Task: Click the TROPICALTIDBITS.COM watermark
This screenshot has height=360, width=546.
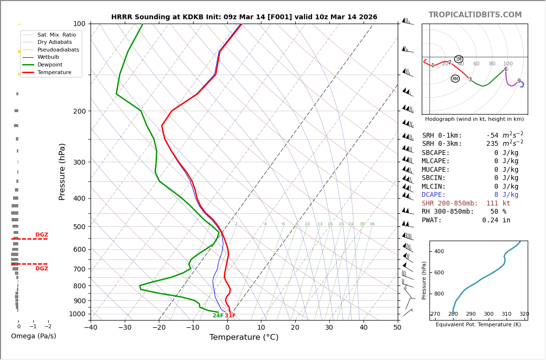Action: [x=475, y=15]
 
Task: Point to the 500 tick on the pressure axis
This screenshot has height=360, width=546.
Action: [x=79, y=227]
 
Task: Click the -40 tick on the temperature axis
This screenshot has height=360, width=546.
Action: [x=91, y=328]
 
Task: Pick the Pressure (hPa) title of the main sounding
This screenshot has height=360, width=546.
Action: [x=63, y=171]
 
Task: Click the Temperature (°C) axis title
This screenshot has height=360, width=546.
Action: [x=244, y=337]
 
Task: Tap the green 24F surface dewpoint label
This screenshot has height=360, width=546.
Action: [x=218, y=316]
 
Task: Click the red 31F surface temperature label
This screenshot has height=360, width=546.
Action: [x=230, y=316]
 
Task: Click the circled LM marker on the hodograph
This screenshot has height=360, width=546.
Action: [x=458, y=59]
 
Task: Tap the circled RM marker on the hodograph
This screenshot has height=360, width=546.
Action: [x=455, y=78]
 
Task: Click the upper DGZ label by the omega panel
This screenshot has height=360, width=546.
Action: [x=41, y=235]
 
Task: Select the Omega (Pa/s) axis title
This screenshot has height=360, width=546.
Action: [x=33, y=336]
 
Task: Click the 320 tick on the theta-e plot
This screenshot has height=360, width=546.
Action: [x=524, y=314]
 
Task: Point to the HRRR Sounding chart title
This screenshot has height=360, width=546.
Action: [x=244, y=17]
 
